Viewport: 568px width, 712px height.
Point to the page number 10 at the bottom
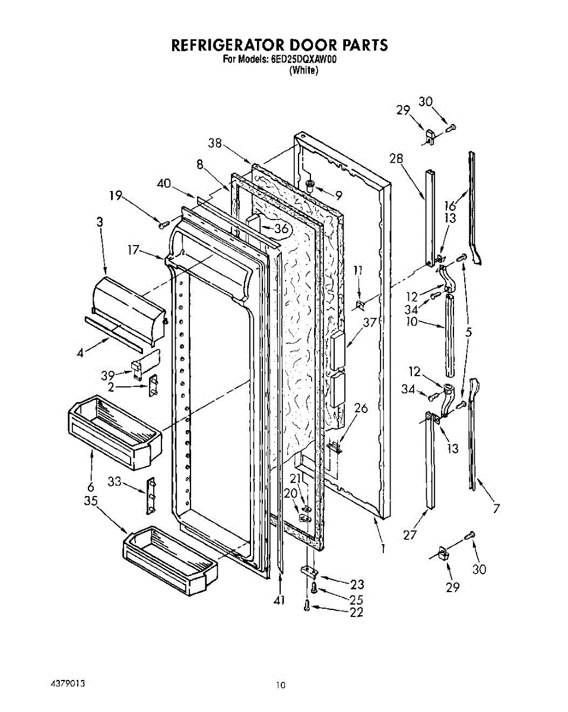(280, 685)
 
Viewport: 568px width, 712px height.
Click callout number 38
(215, 142)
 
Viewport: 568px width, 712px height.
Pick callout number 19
(116, 196)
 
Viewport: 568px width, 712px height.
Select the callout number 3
(100, 222)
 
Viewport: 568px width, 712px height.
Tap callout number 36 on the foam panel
(282, 228)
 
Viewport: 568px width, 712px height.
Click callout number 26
(361, 408)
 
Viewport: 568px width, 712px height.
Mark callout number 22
(356, 612)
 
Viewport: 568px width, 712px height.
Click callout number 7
(496, 508)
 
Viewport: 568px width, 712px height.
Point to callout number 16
(451, 206)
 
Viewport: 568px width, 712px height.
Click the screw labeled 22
(307, 605)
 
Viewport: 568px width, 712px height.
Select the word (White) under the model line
(303, 70)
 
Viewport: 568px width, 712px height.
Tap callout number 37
(371, 322)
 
